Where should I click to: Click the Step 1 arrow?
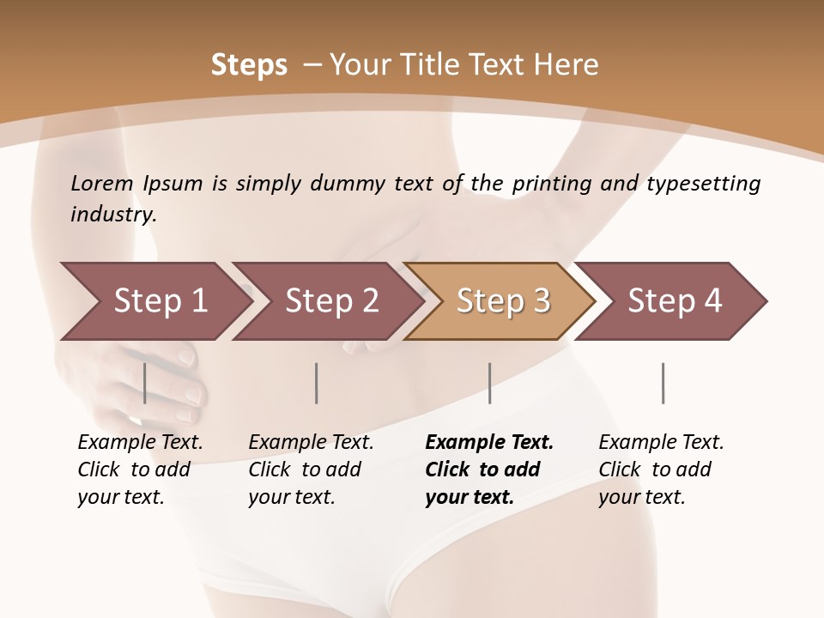[160, 300]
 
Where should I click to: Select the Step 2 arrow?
[331, 300]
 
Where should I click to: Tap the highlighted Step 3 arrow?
[503, 300]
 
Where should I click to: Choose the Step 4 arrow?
[675, 300]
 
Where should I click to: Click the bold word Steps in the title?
[249, 64]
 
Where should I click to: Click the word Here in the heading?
[566, 64]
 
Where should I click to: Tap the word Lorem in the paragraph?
[102, 184]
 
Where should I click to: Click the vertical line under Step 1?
[145, 383]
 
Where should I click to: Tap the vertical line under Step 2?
[317, 383]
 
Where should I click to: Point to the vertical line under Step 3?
[489, 383]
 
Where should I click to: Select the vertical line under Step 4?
[663, 383]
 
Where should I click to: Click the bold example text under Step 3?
[489, 470]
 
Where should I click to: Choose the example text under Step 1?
[140, 470]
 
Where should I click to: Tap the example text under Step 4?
[661, 470]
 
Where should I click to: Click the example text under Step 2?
[311, 470]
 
